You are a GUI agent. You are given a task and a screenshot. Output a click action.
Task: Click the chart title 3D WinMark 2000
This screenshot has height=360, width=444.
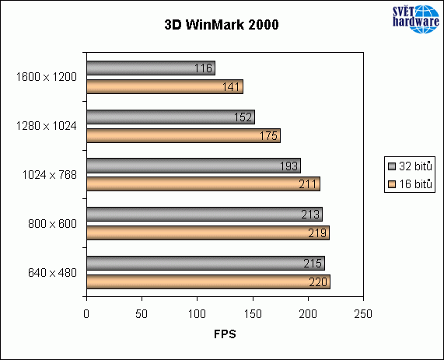point(222,24)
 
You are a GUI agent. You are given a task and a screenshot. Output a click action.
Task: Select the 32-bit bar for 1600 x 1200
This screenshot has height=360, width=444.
point(150,68)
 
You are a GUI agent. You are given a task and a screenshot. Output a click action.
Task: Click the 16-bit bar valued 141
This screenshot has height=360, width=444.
point(164,87)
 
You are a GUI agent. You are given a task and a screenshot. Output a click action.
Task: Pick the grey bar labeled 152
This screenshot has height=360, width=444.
point(170,117)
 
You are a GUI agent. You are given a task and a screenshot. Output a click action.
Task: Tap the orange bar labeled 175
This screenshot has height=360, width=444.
point(183,135)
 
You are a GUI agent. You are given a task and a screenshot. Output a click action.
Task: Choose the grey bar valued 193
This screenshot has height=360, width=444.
point(193,166)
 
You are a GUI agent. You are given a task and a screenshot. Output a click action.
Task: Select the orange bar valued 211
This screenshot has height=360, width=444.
point(203,184)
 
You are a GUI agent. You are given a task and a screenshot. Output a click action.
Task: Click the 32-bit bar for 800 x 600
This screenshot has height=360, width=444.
point(204,215)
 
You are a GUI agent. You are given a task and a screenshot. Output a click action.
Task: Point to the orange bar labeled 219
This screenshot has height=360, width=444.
point(208,232)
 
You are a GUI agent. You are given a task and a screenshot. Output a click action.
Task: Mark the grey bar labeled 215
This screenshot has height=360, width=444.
point(205,263)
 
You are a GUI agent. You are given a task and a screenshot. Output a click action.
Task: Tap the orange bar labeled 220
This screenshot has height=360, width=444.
point(208,281)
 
